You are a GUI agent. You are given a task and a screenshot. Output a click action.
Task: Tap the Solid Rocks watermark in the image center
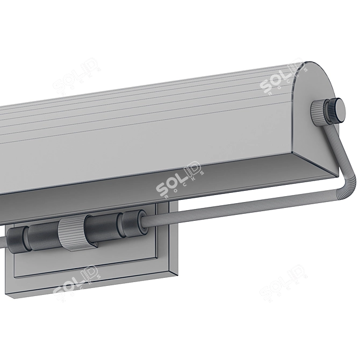coord(179,181)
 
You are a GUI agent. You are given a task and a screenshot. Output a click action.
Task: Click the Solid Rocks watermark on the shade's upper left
coord(76,77)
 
